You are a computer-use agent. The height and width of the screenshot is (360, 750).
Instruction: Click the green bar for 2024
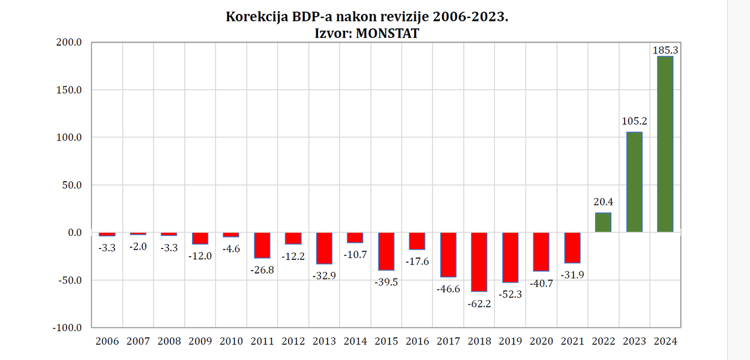coord(665,144)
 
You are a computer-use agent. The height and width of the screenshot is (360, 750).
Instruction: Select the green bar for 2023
coord(634,182)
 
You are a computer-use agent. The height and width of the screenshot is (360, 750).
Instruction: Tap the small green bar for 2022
coord(603,223)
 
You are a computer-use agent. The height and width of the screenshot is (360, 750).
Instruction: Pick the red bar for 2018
coord(479,262)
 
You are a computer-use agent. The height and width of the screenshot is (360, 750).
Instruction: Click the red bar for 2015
coord(386,251)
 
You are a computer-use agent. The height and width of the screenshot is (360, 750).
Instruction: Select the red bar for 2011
coord(262,245)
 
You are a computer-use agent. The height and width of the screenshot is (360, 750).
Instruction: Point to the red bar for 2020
coord(541,251)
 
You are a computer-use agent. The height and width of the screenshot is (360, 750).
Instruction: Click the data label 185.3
coord(665,50)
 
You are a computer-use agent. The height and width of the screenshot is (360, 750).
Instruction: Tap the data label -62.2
coord(479,304)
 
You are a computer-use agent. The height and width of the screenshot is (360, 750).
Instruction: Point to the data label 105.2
coord(634,121)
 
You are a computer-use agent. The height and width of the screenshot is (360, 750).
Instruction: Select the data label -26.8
coord(262,270)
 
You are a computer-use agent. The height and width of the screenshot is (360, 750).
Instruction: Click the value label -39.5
coord(386,282)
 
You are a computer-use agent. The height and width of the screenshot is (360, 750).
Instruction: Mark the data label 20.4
coord(603,202)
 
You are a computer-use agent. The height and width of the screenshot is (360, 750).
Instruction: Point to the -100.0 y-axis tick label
coord(68,328)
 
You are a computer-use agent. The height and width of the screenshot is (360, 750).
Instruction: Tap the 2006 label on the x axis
coord(107,341)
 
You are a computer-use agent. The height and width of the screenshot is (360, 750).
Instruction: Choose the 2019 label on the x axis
coord(510,341)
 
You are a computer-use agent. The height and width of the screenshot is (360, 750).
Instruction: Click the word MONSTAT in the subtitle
coord(387,34)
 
